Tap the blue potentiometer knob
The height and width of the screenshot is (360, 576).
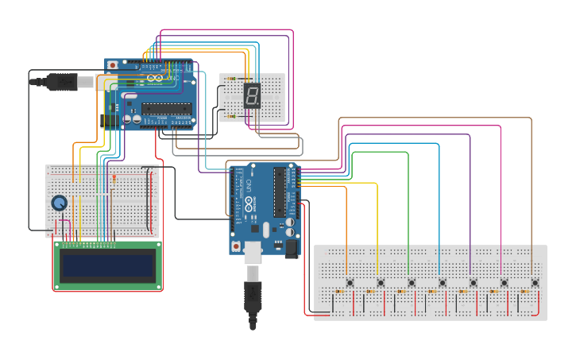60,203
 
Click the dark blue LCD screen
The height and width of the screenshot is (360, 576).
108,265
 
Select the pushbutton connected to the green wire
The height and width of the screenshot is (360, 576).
411,282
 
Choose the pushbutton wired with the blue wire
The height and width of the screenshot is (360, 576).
442,282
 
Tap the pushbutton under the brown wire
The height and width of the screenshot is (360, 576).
535,282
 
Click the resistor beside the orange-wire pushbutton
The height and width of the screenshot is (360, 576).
339,292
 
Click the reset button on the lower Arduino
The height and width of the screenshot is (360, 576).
236,247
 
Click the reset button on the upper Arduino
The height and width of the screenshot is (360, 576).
112,64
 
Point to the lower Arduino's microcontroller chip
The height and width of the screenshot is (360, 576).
280,191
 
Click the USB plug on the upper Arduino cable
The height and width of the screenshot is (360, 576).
60,81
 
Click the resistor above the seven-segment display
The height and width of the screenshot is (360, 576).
231,79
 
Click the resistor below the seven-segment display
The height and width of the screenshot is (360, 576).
231,116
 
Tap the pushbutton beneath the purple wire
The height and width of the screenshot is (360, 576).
473,282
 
